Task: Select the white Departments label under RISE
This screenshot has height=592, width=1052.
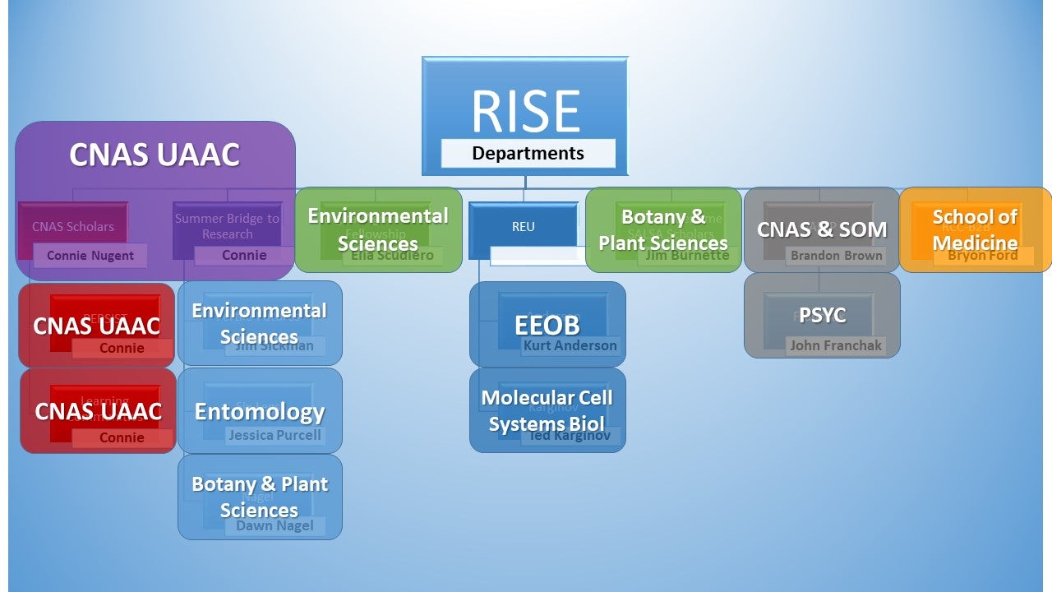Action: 528,154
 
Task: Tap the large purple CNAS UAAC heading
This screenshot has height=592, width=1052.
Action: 155,155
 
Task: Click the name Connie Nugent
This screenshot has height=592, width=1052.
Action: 90,256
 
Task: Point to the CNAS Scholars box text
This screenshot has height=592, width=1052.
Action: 73,226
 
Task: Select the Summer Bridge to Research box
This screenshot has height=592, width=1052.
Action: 227,226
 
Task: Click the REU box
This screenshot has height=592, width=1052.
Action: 523,226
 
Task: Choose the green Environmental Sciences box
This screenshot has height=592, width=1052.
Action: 378,229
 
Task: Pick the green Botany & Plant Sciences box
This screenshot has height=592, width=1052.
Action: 663,229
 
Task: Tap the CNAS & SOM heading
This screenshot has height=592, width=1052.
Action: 822,229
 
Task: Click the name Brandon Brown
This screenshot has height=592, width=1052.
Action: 836,256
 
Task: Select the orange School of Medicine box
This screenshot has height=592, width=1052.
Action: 975,229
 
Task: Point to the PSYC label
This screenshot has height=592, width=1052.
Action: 822,315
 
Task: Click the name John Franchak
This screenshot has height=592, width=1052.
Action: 836,346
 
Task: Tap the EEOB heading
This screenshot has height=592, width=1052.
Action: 547,325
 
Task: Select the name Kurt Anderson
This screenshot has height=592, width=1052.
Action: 570,346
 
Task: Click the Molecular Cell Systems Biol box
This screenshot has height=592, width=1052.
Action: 547,410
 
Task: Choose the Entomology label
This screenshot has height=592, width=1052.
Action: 260,411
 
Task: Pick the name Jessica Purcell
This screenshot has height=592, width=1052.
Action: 275,435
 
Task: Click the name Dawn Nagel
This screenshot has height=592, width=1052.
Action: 275,525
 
